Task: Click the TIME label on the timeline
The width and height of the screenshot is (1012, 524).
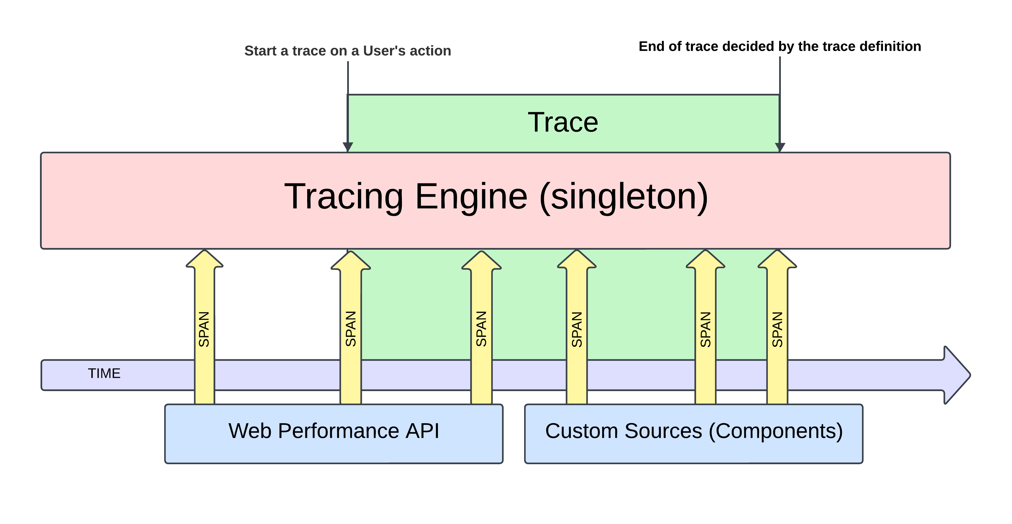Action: click(x=104, y=373)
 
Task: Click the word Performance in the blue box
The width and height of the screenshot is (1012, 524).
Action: click(x=339, y=431)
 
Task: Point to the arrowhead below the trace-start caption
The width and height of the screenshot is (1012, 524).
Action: click(x=348, y=147)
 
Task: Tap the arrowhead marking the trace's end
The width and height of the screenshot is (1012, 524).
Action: click(x=780, y=147)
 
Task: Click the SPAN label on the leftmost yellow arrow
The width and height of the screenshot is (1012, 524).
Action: click(x=204, y=329)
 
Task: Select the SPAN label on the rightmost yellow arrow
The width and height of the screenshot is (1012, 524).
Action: click(x=777, y=330)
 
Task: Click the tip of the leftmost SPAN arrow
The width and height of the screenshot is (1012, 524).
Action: click(x=204, y=253)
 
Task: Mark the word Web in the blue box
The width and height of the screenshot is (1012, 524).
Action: click(x=250, y=431)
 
